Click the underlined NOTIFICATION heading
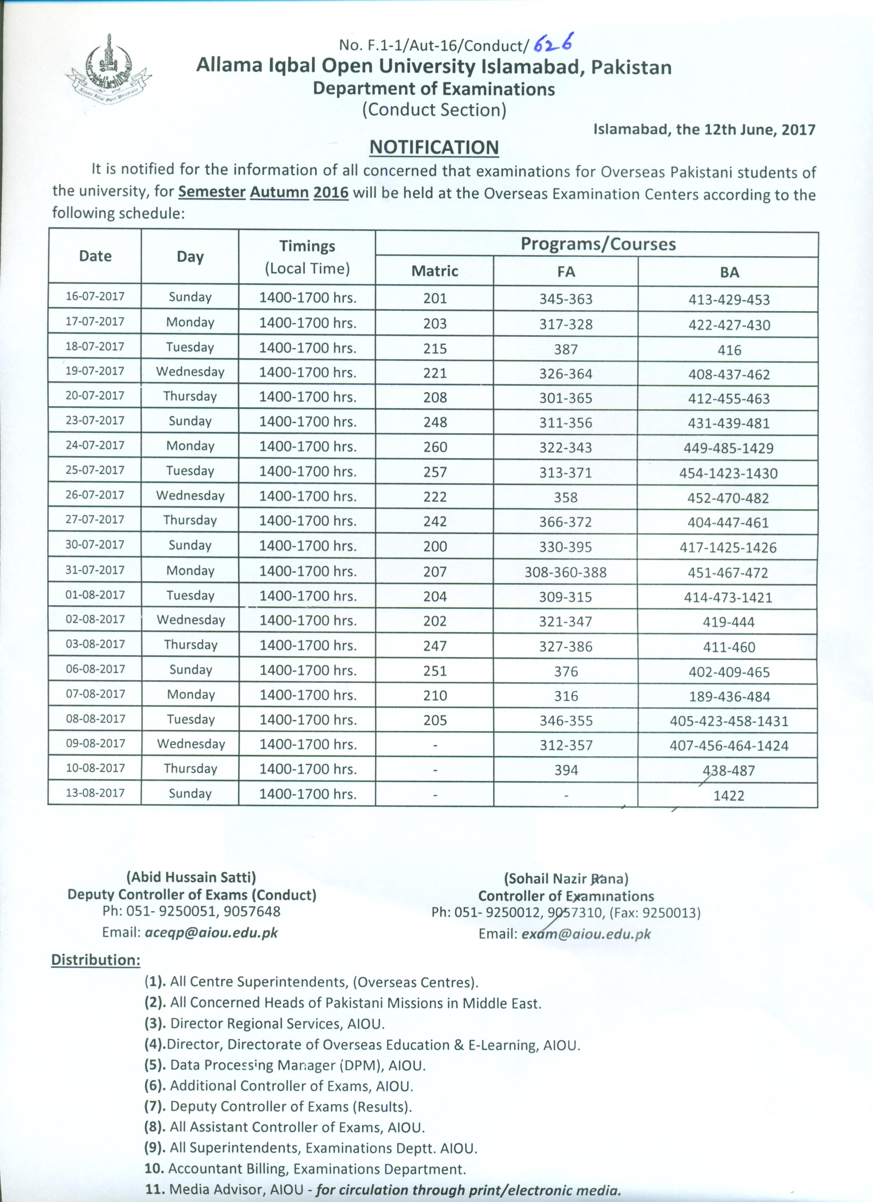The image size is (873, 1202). (x=434, y=147)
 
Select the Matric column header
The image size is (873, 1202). (x=434, y=271)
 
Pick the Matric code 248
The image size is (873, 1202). (x=435, y=422)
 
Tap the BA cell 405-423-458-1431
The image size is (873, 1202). (x=729, y=721)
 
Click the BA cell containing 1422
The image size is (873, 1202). (x=729, y=796)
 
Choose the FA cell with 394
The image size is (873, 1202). (x=566, y=770)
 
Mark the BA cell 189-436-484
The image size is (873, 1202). (x=729, y=697)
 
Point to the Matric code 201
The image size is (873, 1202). (x=435, y=298)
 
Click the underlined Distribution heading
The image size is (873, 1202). (x=96, y=960)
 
